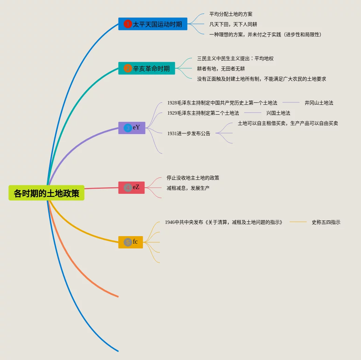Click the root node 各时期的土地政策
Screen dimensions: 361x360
(46, 193)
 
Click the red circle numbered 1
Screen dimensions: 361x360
(127, 24)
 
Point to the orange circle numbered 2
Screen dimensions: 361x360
(127, 68)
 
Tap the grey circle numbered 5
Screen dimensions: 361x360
(128, 242)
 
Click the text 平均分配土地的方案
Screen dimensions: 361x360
(231, 14)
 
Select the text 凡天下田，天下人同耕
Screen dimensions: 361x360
(233, 24)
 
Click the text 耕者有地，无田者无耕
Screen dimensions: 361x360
(221, 69)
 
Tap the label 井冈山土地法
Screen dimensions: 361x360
(319, 102)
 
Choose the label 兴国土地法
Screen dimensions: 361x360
(278, 113)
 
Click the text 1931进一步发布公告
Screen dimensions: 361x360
(189, 133)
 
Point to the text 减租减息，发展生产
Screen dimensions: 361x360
(188, 188)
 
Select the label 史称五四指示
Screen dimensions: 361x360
(326, 222)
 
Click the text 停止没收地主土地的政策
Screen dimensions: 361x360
(193, 178)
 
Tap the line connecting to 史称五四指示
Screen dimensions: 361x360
(298, 222)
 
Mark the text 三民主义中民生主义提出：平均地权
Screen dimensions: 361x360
(235, 58)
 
